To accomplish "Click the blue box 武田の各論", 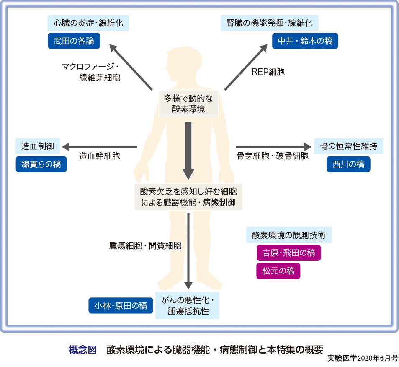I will pos(74,41).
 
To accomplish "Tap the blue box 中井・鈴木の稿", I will pos(305,41).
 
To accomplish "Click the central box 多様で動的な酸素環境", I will pos(188,104).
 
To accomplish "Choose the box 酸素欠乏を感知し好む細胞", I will pos(188,197).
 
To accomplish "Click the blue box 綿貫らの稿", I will pos(41,164).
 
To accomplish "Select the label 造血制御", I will pos(38,146).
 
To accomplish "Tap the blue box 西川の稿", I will pos(348,164).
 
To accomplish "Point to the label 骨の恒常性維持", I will pos(348,146).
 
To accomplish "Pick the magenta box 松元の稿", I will pos(278,271).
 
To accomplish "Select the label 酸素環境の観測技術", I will pos(288,234).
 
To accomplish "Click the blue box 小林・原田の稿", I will pos(121,305).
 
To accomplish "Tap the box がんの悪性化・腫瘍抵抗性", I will pos(188,305).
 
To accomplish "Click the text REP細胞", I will pos(268,72).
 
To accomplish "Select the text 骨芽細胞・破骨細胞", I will pos(273,156).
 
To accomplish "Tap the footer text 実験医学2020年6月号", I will pos(363,359).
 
